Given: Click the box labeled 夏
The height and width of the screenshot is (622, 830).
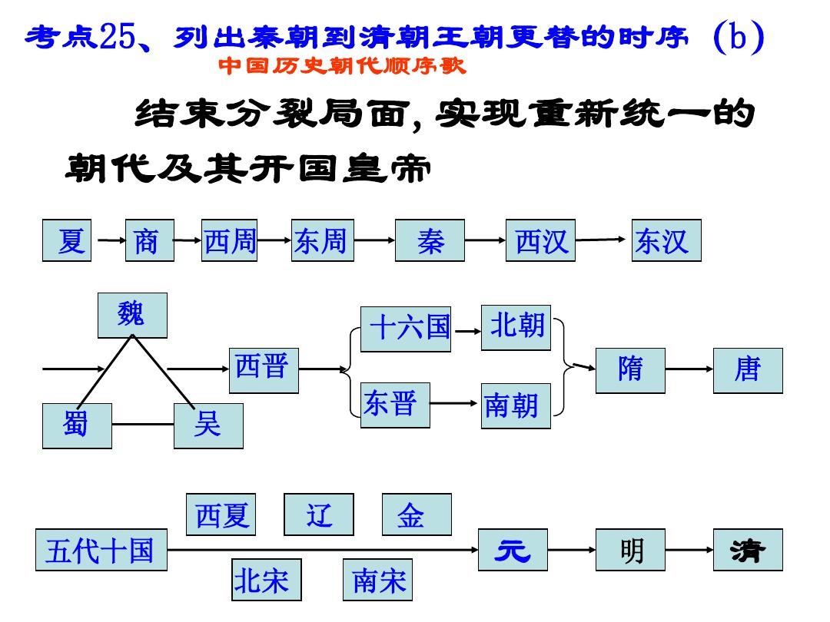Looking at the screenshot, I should [67, 241].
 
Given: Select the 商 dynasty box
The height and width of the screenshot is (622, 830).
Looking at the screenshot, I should [150, 241].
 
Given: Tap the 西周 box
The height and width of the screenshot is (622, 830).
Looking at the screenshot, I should [229, 241].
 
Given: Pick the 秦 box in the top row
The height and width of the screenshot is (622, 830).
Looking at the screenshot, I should [430, 241].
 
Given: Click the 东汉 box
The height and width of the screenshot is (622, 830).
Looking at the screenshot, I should [666, 241].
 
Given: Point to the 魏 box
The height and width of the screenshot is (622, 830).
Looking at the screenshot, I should [132, 315].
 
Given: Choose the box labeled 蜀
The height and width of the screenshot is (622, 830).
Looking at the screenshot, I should [77, 425].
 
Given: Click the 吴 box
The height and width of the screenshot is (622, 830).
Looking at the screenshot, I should [208, 425].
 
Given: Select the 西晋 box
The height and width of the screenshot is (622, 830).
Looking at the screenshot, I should [264, 369].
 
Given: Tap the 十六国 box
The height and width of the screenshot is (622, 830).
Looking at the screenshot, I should [406, 329].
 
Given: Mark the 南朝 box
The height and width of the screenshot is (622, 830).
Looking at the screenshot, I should [516, 405].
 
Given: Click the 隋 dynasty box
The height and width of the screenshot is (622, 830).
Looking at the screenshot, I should [630, 370].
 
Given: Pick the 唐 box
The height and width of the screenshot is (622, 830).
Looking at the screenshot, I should [748, 370].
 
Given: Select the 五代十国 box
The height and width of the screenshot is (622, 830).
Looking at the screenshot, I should [101, 550].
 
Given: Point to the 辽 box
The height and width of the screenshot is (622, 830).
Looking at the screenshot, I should [319, 514].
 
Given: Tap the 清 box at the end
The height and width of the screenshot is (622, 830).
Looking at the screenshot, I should [748, 550].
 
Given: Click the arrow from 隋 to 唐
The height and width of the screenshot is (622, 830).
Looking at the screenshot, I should [689, 369].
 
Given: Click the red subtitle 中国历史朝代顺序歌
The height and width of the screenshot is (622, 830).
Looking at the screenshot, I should [342, 67].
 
